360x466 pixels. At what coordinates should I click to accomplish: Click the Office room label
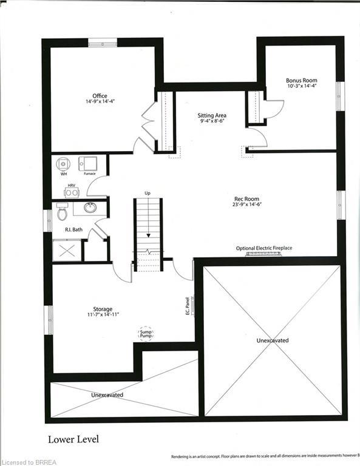[100, 96]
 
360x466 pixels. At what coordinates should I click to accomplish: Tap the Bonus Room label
[302, 80]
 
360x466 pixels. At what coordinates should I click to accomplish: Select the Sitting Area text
[212, 115]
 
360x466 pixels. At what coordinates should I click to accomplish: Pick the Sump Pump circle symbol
[146, 333]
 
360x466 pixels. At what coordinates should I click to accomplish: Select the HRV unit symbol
[71, 192]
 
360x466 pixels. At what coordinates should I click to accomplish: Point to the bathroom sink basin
[90, 208]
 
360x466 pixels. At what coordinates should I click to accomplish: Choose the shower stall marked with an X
[67, 251]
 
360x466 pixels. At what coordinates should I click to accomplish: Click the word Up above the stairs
[148, 193]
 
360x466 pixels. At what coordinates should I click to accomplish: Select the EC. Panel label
[188, 304]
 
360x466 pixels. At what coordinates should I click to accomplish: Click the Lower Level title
[73, 439]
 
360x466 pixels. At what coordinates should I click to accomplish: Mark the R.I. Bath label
[74, 230]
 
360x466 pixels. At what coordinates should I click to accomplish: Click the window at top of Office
[103, 43]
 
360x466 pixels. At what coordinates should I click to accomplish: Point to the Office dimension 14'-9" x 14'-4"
[100, 101]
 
